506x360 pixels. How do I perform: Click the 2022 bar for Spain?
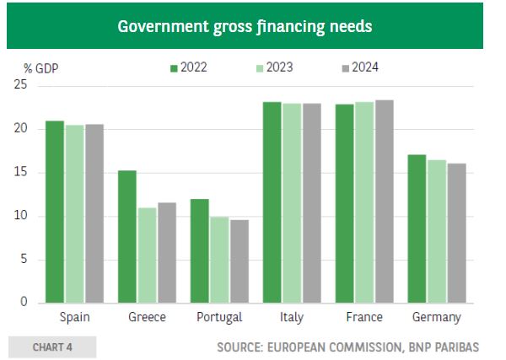coord(55,212)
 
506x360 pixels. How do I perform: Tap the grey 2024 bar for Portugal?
coord(240,261)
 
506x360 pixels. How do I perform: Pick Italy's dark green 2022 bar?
coord(272,202)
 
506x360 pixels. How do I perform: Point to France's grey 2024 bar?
coord(384,201)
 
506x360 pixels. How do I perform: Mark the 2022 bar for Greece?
coord(127,236)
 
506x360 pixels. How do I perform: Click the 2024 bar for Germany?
coord(456,233)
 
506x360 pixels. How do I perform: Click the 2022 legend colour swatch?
coord(175,67)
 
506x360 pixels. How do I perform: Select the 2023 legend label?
coord(281,67)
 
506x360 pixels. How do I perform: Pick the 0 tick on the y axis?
coord(24,303)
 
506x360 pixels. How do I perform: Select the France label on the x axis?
coord(364,318)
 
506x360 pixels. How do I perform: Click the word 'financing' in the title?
coord(284,26)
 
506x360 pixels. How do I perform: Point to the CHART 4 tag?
coord(51,347)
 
